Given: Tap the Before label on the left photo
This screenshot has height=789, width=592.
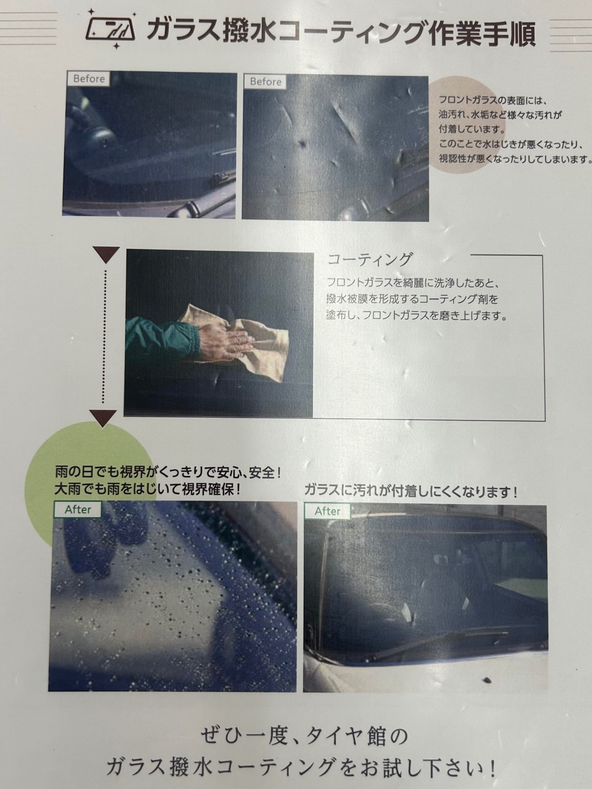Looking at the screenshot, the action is pyautogui.click(x=88, y=79).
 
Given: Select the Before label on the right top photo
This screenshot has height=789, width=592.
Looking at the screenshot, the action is pyautogui.click(x=265, y=82).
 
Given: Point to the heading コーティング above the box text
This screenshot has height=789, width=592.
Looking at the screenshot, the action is pyautogui.click(x=370, y=259).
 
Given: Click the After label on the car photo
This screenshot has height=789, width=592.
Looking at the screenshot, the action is pyautogui.click(x=327, y=512).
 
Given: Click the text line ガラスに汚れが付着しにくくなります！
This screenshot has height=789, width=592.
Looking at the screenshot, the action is pyautogui.click(x=411, y=492).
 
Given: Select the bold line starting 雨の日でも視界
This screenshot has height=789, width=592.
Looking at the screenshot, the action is pyautogui.click(x=168, y=473).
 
